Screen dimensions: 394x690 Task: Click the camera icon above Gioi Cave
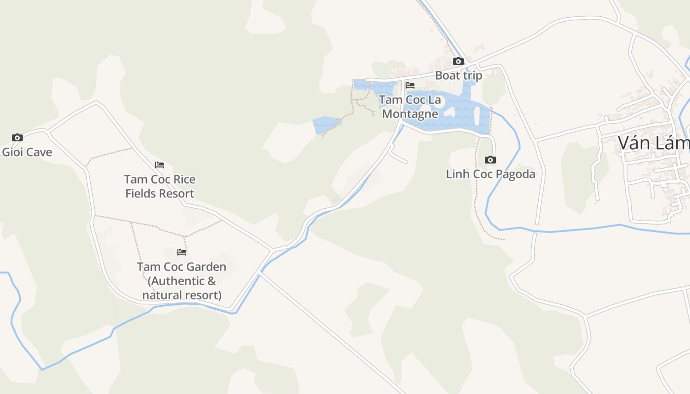point(17,137)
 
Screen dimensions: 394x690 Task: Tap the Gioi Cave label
point(27,152)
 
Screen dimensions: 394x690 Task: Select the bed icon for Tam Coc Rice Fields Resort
point(160,164)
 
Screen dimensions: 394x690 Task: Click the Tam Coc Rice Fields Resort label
point(160,186)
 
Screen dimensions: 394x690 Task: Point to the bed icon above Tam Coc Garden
point(182,252)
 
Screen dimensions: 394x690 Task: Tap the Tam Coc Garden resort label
point(181,281)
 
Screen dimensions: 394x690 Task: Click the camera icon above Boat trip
point(458,61)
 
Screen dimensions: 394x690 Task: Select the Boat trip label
point(458,75)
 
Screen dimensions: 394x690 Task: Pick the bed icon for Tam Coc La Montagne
point(410,85)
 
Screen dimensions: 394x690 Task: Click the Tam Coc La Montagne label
point(410,107)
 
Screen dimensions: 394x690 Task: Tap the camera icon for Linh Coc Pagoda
point(490,160)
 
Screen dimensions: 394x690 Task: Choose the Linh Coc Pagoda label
point(490,174)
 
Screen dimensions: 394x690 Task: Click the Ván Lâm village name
point(654,143)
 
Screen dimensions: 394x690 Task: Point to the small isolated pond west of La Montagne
point(325,124)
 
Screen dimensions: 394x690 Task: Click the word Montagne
point(410,114)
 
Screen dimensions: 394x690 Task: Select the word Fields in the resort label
point(140,194)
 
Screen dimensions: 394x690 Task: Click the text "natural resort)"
point(181,295)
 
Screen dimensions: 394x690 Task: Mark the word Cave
point(39,152)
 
